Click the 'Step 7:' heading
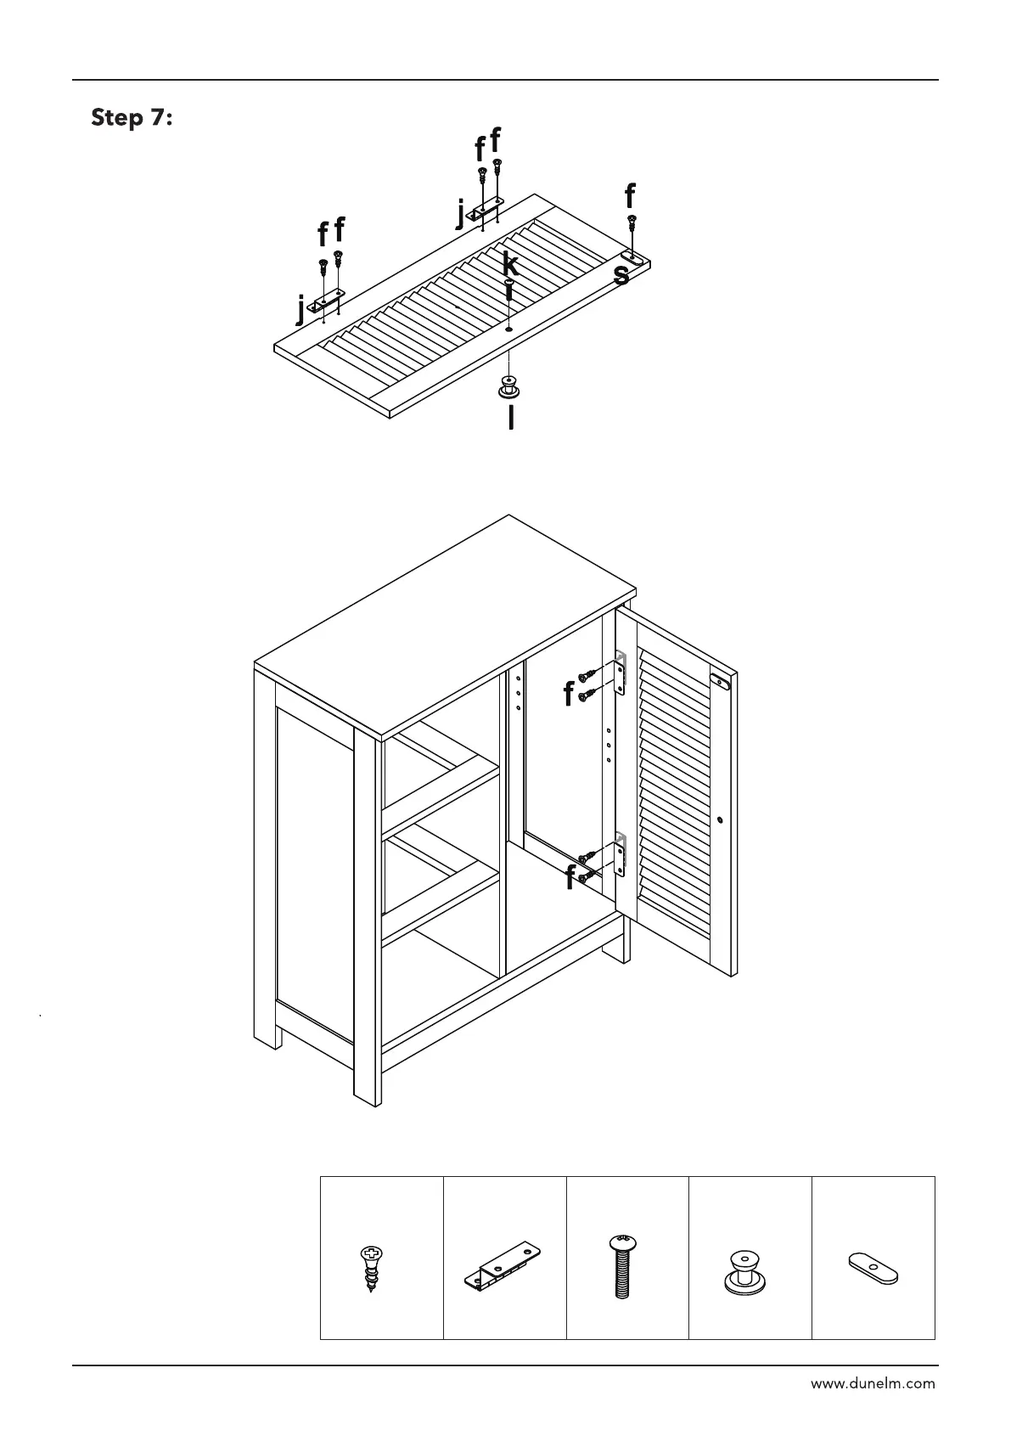132,117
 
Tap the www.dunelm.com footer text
873,1383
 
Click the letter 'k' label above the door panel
509,263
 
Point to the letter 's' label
621,274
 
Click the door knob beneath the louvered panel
508,389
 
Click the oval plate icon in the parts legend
873,1269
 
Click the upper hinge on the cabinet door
621,673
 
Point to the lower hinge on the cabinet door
621,855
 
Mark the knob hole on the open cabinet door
720,820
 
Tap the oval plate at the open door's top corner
721,680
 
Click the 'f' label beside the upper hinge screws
568,695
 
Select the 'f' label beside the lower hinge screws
570,879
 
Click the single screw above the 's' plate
632,225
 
